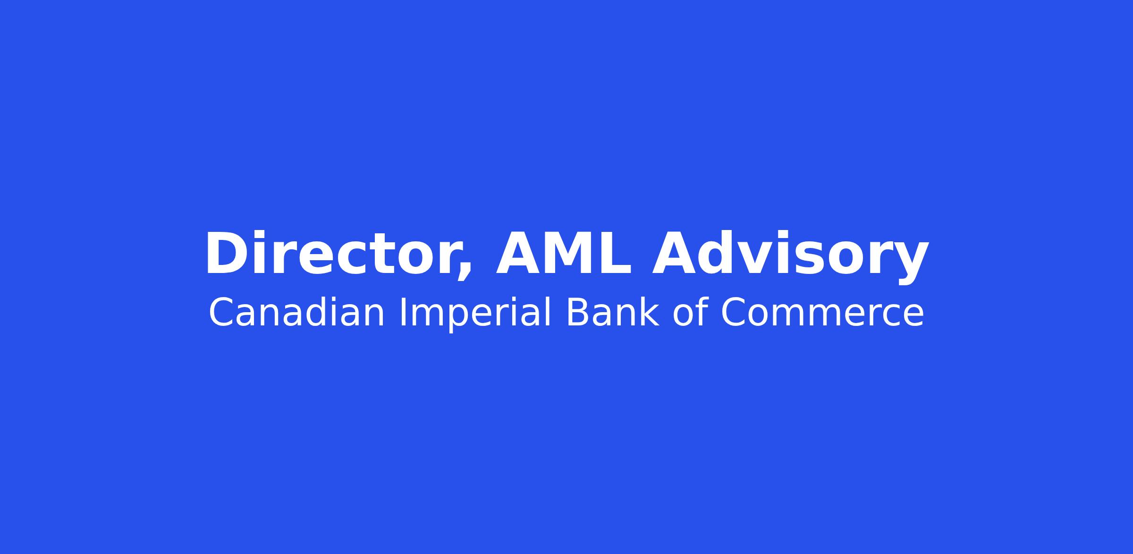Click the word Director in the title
point(337,254)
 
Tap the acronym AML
point(563,253)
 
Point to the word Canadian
point(296,312)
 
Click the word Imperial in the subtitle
point(475,314)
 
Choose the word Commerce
point(822,313)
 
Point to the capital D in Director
point(226,253)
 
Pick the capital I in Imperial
point(402,312)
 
